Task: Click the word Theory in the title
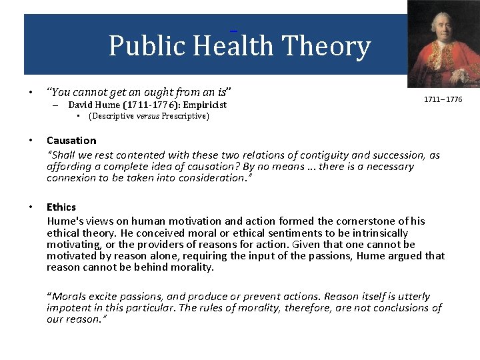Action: point(326,46)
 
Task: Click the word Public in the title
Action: point(147,46)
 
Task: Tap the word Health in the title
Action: point(233,46)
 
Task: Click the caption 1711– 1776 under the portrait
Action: point(443,100)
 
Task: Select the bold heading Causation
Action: point(71,140)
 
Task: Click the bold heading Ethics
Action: point(61,207)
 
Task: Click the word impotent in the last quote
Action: point(68,307)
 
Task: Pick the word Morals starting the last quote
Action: point(69,296)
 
